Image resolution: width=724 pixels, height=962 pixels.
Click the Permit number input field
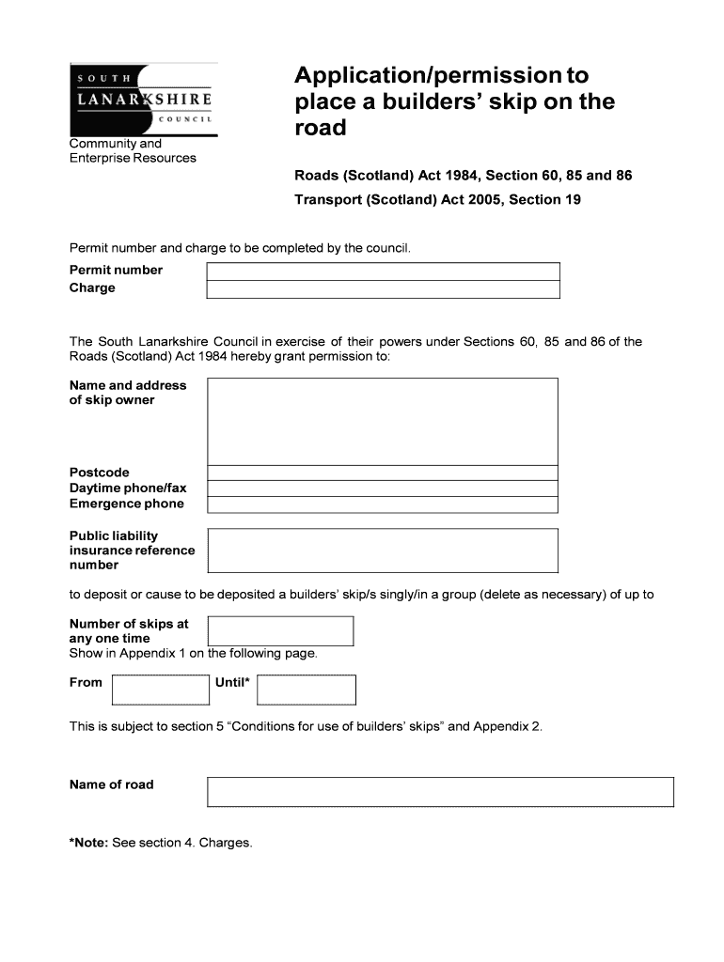coord(383,272)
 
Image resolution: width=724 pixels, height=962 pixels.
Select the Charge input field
coord(383,289)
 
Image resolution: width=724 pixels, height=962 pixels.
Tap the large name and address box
coord(383,421)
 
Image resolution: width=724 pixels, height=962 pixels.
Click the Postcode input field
coord(383,473)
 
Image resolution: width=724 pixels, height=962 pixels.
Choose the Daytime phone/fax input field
coord(383,489)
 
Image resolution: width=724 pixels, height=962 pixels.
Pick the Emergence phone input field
coord(383,504)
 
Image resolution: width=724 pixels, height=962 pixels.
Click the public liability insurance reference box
coord(383,551)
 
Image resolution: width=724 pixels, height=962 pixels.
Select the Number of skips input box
coord(280,631)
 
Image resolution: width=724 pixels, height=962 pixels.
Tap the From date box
coord(161,690)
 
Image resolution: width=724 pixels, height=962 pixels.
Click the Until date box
coord(307,690)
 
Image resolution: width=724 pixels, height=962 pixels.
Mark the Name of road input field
coord(440,792)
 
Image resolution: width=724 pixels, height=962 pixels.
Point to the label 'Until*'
coord(232,683)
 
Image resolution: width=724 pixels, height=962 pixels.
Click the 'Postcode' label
coord(100,473)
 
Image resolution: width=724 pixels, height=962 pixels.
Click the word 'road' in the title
coord(321,128)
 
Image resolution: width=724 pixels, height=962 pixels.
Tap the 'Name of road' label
coord(112,784)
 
